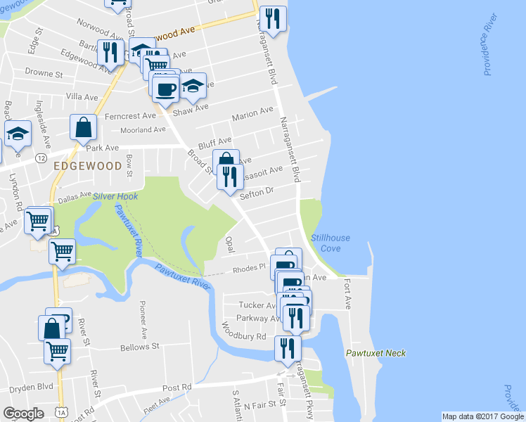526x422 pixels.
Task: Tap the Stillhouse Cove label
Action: click(x=326, y=243)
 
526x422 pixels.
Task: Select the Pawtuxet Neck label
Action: click(x=376, y=353)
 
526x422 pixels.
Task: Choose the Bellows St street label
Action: click(x=141, y=347)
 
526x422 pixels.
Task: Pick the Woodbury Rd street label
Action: click(x=243, y=330)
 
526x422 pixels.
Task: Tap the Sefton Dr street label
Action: click(x=256, y=192)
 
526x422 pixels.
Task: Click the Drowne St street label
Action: click(x=44, y=72)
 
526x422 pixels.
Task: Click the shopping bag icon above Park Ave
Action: click(x=83, y=128)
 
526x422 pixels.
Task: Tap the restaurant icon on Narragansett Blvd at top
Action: click(x=273, y=19)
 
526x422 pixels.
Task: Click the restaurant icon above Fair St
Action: click(x=287, y=347)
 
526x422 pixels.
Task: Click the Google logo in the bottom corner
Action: click(x=23, y=413)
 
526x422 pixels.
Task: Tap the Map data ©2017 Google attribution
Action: click(x=482, y=416)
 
